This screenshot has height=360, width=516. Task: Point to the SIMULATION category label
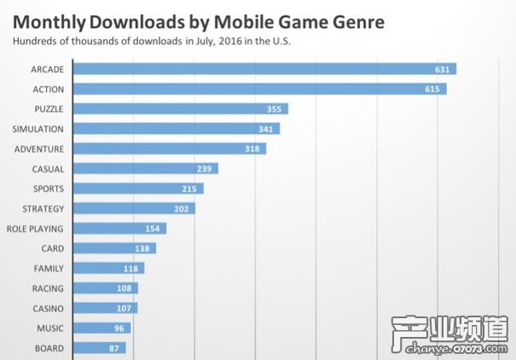[x=38, y=129]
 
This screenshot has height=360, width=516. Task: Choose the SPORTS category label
[x=48, y=189]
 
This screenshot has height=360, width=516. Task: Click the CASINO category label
[x=48, y=308]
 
